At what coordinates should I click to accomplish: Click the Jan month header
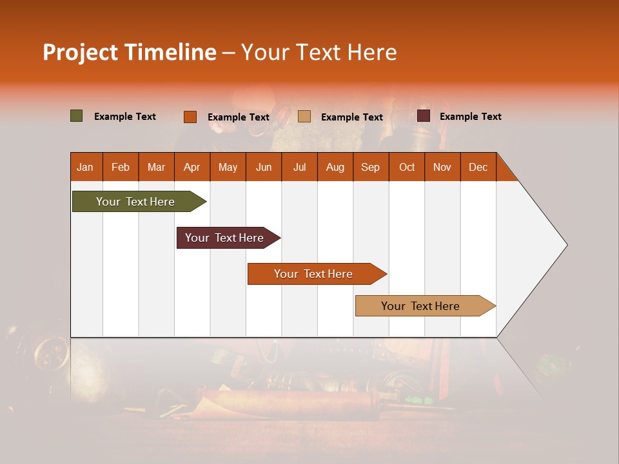point(86,167)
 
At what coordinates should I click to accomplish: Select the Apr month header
point(192,167)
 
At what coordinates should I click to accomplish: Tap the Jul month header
point(299,167)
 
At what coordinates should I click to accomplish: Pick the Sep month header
point(371,167)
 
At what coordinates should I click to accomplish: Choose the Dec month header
point(478,167)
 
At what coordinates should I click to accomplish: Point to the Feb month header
point(121,167)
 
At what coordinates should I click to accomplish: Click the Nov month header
point(442,167)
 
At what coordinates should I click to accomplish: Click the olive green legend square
point(77,116)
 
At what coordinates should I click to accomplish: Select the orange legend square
point(190,117)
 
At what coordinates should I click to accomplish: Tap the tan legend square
point(304,117)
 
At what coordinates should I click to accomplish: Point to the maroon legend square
point(424,116)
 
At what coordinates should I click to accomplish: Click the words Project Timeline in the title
point(129,52)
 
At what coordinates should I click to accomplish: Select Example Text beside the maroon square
point(470,117)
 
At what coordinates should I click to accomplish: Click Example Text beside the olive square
point(125,117)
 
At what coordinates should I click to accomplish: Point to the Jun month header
point(264,167)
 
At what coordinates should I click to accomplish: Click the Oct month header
point(407,167)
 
